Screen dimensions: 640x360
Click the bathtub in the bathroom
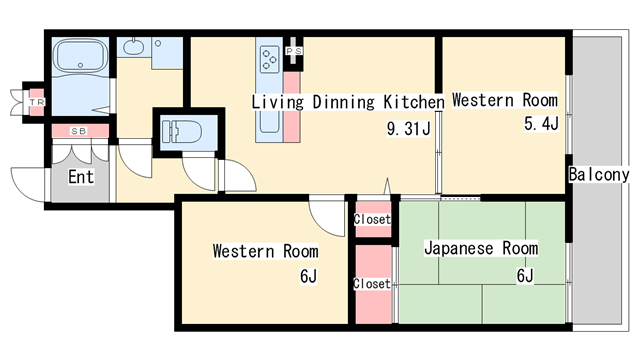pyautogui.click(x=80, y=55)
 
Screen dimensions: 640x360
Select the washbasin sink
pyautogui.click(x=133, y=47)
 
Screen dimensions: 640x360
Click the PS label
pyautogui.click(x=294, y=51)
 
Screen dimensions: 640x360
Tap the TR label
pyautogui.click(x=37, y=102)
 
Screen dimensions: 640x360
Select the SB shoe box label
pyautogui.click(x=79, y=131)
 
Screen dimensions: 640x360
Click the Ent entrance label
pyautogui.click(x=81, y=177)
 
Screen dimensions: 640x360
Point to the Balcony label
pyautogui.click(x=599, y=175)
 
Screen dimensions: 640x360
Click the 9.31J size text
pyautogui.click(x=408, y=129)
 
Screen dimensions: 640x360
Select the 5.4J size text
pyautogui.click(x=541, y=123)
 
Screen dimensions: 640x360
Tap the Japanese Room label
pyautogui.click(x=481, y=248)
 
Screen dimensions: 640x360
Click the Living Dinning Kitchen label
pyautogui.click(x=348, y=102)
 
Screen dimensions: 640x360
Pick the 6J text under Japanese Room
pyautogui.click(x=525, y=276)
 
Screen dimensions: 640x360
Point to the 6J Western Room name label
pyautogui.click(x=265, y=251)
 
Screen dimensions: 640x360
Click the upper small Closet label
pyautogui.click(x=372, y=219)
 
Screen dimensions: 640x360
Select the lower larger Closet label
pyautogui.click(x=371, y=283)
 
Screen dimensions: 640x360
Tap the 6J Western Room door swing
pyautogui.click(x=327, y=216)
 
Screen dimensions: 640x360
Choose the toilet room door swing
pyautogui.click(x=199, y=173)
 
